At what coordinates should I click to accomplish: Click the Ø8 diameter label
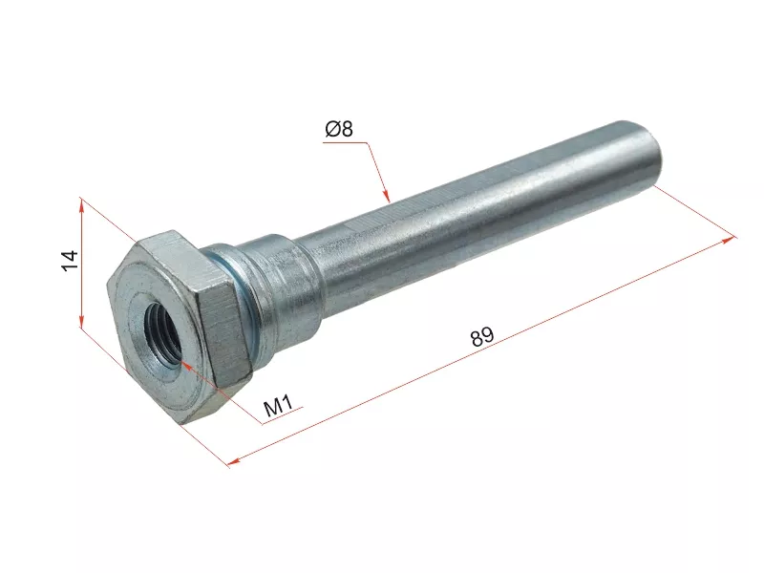(x=339, y=129)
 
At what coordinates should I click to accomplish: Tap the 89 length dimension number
(x=482, y=336)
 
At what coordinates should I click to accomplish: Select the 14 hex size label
(x=70, y=260)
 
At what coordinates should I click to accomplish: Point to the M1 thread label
(x=278, y=405)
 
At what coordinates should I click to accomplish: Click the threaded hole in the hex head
(x=162, y=333)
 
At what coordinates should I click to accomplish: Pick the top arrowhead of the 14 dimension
(x=82, y=204)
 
